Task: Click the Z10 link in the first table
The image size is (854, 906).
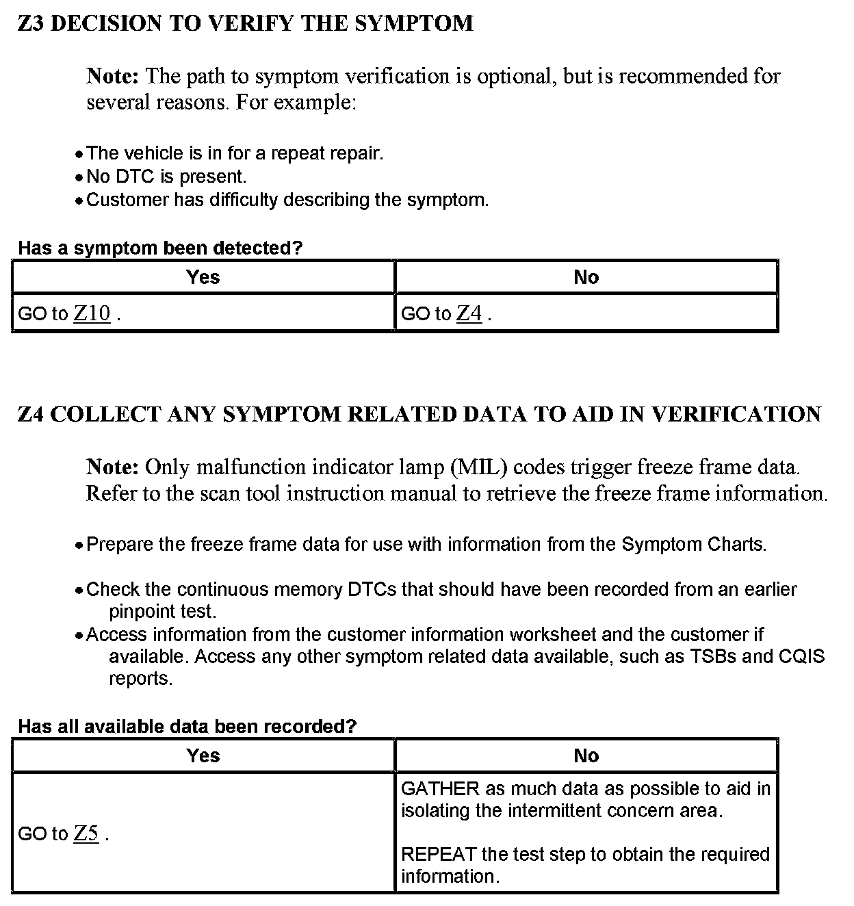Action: tap(92, 313)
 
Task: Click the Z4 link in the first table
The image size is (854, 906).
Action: tap(469, 313)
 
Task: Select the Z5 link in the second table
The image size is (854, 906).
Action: tap(86, 833)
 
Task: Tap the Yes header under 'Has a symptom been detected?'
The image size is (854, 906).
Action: tap(203, 277)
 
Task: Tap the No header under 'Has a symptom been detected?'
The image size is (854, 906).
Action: tap(586, 277)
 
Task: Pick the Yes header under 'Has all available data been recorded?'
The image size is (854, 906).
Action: tap(203, 755)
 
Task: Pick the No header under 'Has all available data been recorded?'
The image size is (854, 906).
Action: tap(586, 755)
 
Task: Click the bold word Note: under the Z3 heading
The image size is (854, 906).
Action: tap(113, 76)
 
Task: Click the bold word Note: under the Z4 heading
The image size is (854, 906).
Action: tap(113, 467)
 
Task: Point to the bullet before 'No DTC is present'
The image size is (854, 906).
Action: tap(80, 178)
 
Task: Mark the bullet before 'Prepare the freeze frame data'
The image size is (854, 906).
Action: tap(80, 545)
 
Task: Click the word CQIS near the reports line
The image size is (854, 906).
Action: tap(802, 657)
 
